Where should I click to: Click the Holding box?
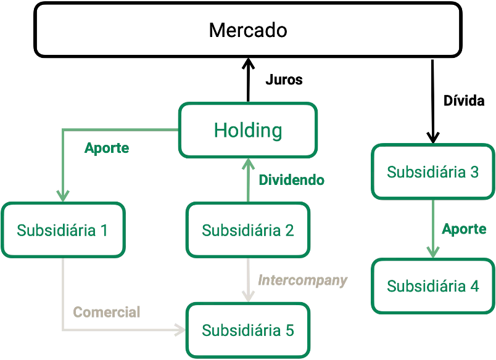coord(248,130)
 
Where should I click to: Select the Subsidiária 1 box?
coord(62,230)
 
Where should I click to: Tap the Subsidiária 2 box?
coord(248,230)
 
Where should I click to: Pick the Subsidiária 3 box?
coord(433,171)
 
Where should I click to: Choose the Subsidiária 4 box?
coord(433,286)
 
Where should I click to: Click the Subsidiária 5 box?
coord(248,330)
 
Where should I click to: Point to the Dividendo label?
coord(291,181)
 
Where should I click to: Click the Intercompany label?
coord(302,280)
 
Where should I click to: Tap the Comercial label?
coord(107,312)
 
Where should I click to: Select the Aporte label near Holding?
coord(107,148)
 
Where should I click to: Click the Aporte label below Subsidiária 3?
coord(464,229)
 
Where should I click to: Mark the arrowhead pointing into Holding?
coord(248,163)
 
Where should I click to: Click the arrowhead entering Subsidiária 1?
coord(62,196)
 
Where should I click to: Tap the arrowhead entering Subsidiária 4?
coord(433,252)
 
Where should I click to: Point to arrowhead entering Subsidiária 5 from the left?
coord(180,330)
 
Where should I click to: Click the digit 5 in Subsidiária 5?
coord(289,330)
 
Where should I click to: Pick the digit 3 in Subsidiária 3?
coord(474,171)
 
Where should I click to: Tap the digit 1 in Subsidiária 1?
coord(104,230)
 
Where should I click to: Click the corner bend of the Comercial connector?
coord(62,330)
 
